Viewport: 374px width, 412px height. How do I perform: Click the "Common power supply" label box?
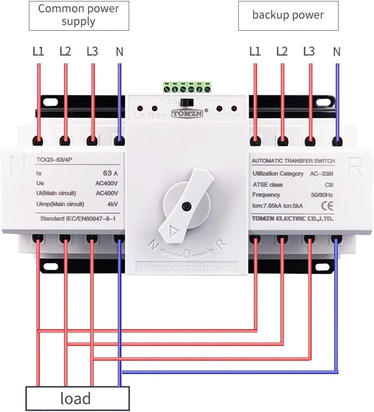click(79, 15)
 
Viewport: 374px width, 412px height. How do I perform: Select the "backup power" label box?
click(288, 15)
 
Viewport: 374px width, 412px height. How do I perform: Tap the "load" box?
click(77, 398)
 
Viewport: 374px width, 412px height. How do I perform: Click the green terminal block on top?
click(187, 88)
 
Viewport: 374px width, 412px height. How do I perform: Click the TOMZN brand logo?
click(187, 114)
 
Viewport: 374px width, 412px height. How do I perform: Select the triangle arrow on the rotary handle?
click(174, 231)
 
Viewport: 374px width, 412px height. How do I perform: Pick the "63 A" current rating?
click(110, 173)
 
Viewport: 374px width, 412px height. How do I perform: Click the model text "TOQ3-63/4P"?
click(54, 160)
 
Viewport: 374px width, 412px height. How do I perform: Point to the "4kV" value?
click(112, 204)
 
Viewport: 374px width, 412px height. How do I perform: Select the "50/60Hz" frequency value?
click(322, 195)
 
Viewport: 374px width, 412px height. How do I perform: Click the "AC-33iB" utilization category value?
click(321, 174)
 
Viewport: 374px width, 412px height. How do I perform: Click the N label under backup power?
click(337, 52)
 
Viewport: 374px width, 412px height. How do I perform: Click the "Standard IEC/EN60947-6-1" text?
click(78, 218)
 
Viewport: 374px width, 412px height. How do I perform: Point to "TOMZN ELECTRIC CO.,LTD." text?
click(292, 218)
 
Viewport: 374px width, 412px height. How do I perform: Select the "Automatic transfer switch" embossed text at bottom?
click(187, 267)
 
